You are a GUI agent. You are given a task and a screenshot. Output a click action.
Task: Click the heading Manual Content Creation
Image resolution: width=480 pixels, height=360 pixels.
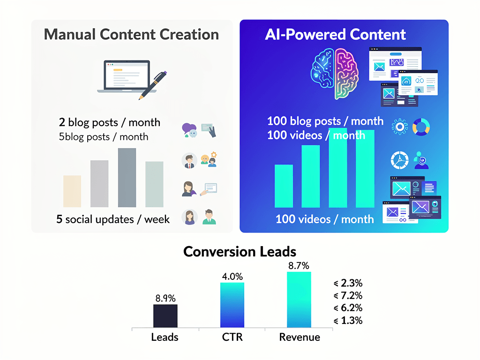(131, 34)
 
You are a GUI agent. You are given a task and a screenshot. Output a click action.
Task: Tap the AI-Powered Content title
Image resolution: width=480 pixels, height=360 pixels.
(336, 34)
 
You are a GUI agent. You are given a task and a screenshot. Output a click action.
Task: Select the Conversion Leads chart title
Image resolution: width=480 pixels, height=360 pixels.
(240, 252)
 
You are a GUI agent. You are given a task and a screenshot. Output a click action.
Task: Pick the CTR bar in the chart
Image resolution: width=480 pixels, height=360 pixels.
(232, 305)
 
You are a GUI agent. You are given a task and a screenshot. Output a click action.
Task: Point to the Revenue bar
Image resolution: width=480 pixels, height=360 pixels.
(299, 300)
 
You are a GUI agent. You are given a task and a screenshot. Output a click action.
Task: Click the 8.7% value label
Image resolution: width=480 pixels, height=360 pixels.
(299, 266)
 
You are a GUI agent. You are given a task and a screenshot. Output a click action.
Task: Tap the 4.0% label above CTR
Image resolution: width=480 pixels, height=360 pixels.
(232, 276)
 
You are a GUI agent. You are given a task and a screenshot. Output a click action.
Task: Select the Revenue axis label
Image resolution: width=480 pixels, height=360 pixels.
(300, 337)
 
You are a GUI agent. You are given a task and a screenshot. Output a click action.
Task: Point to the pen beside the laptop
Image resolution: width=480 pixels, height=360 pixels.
(153, 84)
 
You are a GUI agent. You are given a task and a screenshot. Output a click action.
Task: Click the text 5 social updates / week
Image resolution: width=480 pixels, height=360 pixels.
(113, 219)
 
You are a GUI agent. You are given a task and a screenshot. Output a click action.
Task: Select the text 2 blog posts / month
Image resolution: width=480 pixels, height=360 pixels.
(110, 122)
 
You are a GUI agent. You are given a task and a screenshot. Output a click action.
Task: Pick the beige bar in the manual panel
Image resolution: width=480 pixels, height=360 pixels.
(72, 191)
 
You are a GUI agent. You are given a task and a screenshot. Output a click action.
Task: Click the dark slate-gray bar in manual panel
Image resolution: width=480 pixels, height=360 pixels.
(127, 178)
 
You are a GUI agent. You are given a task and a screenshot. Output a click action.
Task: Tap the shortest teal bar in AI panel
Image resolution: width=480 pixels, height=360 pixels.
(284, 186)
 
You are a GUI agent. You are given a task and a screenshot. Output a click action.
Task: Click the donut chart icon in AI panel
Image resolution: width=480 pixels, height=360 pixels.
(421, 127)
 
